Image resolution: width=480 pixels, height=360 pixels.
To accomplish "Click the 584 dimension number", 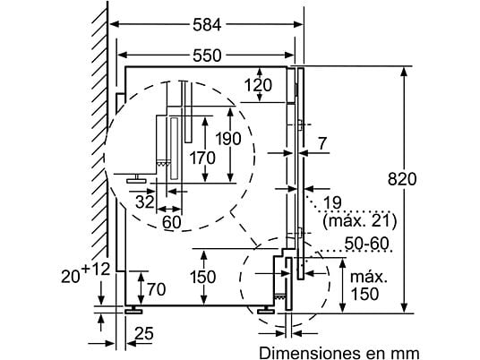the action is (207, 25).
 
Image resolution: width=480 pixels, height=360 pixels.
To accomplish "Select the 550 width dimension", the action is (207, 56).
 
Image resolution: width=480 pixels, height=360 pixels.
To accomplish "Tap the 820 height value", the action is (402, 179).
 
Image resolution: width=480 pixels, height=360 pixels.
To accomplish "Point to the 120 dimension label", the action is (258, 85).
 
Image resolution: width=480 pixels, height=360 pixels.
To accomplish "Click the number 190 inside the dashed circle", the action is (228, 139).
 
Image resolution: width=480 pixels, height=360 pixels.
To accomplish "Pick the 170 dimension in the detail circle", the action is (202, 158).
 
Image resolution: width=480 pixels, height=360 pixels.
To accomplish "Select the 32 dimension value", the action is (145, 202).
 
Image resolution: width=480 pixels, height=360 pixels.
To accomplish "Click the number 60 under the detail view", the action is (172, 222).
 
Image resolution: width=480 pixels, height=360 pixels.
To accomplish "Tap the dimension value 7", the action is (322, 143).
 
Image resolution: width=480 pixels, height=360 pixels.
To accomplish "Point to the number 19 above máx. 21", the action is (332, 202).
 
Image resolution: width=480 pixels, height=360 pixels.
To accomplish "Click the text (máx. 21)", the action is (359, 221).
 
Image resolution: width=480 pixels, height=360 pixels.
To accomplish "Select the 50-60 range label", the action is (366, 244).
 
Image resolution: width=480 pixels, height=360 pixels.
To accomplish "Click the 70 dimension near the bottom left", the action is (157, 289).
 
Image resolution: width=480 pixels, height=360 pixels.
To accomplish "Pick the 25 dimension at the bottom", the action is (144, 333).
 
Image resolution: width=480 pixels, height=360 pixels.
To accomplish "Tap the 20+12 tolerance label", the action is (85, 272).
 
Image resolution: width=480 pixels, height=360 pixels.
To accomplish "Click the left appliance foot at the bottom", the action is (133, 310).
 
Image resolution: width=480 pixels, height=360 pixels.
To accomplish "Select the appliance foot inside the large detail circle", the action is (136, 179).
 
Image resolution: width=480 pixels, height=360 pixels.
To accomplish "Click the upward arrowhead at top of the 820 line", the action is (405, 72).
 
